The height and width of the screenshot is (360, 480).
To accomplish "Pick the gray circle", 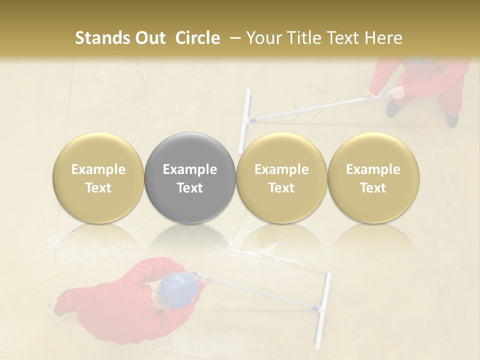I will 189,177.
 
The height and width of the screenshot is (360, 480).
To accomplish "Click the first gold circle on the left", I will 98,177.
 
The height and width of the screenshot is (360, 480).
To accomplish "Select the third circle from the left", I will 281,177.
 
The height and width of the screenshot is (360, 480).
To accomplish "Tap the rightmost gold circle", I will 373,177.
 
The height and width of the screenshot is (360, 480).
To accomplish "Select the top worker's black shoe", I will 392,107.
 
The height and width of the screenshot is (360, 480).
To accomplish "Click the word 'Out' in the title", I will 150,38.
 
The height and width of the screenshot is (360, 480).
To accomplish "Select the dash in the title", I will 233,38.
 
